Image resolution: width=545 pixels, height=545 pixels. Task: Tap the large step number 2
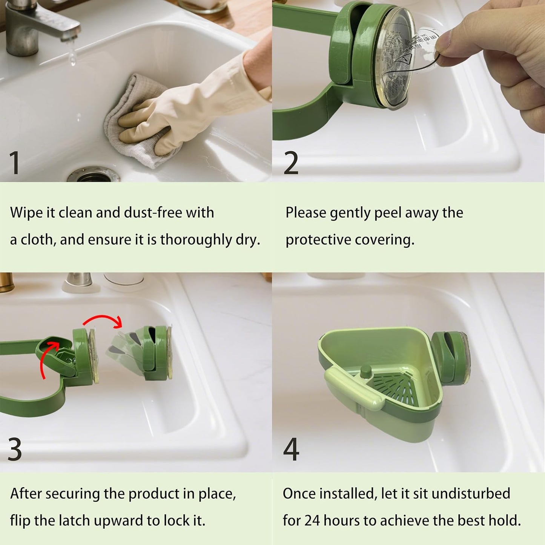pyautogui.click(x=291, y=163)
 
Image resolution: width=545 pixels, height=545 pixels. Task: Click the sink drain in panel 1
pyautogui.click(x=92, y=175)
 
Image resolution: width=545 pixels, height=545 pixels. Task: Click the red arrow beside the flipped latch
pyautogui.click(x=47, y=358)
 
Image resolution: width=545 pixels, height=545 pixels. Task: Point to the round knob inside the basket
pyautogui.click(x=365, y=371)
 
